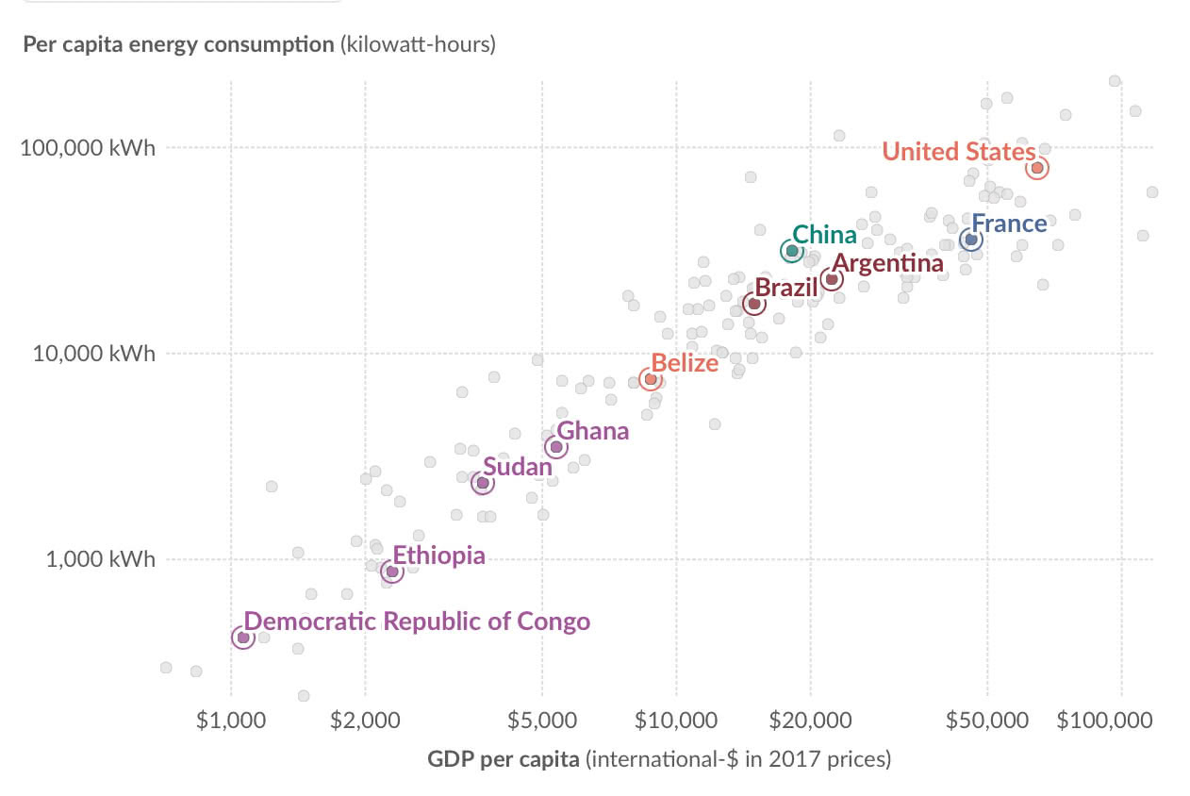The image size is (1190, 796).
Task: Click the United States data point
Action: [1037, 168]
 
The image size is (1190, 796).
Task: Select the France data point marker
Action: [971, 240]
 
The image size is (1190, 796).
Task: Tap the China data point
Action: [792, 251]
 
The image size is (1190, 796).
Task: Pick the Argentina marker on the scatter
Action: [832, 279]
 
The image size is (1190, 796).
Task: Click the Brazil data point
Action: [754, 304]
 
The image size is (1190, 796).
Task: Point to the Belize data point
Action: [651, 379]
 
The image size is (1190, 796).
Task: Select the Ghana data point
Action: [556, 447]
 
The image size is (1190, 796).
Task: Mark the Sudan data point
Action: [482, 483]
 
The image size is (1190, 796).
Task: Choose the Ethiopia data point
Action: [392, 572]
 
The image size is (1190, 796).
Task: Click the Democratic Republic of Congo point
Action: [243, 638]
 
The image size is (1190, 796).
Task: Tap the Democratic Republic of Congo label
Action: [417, 622]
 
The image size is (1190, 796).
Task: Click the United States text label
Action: [958, 151]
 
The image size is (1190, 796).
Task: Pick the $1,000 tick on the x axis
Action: [231, 721]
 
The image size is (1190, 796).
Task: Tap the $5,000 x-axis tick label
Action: [542, 721]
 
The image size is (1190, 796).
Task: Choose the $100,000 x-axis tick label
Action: [1104, 721]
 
